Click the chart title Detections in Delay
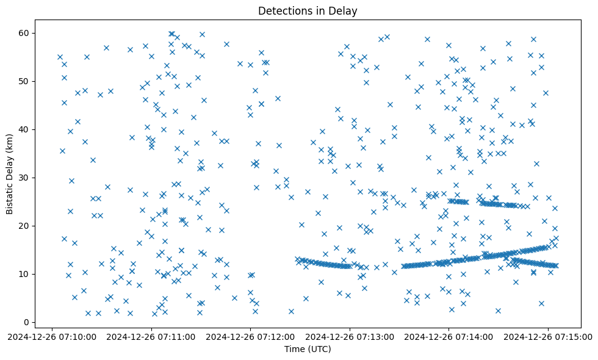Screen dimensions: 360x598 click(308, 11)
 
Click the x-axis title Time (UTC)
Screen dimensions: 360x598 click(308, 350)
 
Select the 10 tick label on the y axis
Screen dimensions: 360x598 click(25, 274)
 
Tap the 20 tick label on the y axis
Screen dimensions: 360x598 click(25, 226)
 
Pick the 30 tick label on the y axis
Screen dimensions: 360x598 click(25, 178)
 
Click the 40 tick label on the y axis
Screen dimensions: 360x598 click(25, 129)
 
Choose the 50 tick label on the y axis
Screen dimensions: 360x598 click(25, 81)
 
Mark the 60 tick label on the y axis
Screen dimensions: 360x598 click(25, 33)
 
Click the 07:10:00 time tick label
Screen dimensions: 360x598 click(53, 336)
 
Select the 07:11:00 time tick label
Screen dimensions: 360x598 click(152, 336)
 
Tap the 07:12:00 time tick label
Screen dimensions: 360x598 click(251, 336)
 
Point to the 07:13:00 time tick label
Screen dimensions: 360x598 click(350, 336)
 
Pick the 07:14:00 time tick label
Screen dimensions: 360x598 click(449, 336)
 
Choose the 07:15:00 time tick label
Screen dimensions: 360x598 click(548, 336)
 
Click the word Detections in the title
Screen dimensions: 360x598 click(283, 11)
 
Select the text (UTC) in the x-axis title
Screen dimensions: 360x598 click(320, 350)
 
